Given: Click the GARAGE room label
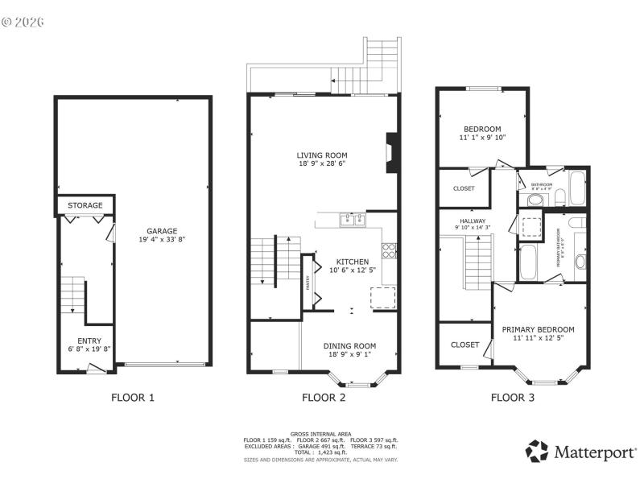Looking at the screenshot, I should [x=161, y=231].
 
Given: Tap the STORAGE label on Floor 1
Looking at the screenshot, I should [x=85, y=206].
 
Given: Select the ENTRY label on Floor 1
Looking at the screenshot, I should [x=89, y=341].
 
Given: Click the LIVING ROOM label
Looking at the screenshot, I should [x=321, y=155].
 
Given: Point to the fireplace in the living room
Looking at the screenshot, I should [x=391, y=153].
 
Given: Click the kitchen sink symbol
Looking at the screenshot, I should [x=353, y=219].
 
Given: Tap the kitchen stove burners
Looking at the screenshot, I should [x=389, y=250].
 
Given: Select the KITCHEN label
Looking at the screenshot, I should [x=353, y=262].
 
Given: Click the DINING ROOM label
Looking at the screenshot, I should [x=349, y=346].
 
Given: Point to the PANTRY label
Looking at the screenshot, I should [x=307, y=282].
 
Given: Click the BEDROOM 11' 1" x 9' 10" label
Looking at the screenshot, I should [x=482, y=130].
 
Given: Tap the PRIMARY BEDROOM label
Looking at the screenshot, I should [x=538, y=329].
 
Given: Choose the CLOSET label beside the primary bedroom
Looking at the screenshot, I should [x=464, y=345].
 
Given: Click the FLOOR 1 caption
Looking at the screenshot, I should [x=132, y=397].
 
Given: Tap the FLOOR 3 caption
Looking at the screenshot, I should [x=513, y=397].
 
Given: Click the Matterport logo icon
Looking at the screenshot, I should [x=537, y=451].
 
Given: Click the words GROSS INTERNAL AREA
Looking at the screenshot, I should [x=321, y=434].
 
